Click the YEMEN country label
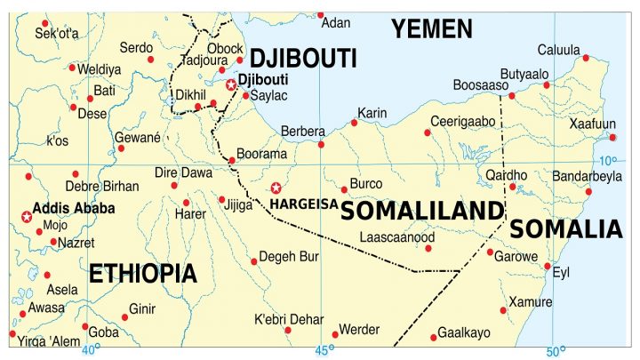[433, 28]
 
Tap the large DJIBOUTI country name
[303, 60]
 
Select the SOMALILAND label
[422, 211]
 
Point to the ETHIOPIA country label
[142, 273]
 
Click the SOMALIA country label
[566, 229]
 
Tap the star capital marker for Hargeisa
[276, 188]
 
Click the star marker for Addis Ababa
[26, 216]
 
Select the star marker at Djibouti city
[231, 84]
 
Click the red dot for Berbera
[321, 144]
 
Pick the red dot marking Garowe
[490, 252]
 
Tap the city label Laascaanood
[396, 237]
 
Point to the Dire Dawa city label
[184, 172]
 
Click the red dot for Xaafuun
[612, 137]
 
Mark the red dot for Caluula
[586, 58]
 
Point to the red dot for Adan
[321, 15]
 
